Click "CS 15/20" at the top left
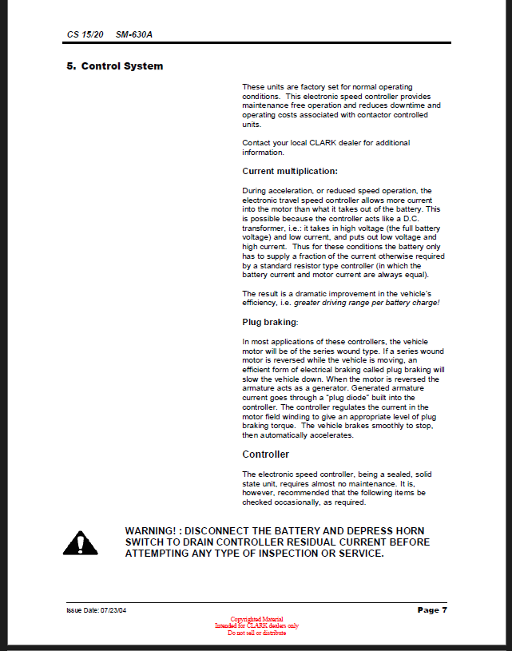(85, 36)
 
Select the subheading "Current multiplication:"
(290, 171)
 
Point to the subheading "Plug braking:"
(270, 322)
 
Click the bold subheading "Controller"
(266, 455)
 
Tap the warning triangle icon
(80, 543)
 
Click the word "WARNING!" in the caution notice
(153, 531)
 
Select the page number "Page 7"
(432, 610)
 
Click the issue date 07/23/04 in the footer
(113, 611)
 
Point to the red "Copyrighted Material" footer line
(256, 619)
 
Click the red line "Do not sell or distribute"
(256, 633)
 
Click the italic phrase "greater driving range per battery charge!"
(367, 304)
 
